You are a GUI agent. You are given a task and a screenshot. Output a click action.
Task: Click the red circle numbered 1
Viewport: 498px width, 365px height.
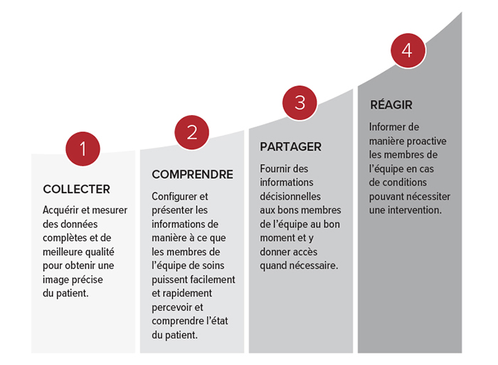click(83, 148)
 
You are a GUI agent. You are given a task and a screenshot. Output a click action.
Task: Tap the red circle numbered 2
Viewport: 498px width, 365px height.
click(192, 132)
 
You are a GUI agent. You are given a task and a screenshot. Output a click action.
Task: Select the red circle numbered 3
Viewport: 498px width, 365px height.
click(300, 103)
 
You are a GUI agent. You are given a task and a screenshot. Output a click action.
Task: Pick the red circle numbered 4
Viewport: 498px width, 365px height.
click(408, 50)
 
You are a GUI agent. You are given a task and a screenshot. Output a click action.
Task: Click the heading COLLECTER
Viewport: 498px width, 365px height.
click(77, 190)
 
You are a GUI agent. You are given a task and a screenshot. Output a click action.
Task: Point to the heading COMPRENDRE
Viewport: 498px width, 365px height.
click(193, 175)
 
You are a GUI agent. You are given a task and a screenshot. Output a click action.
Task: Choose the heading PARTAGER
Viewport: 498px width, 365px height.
click(290, 147)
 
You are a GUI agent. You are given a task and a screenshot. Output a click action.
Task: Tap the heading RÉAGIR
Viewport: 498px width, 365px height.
click(391, 104)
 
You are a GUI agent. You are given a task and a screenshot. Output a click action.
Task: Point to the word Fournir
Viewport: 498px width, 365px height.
click(275, 169)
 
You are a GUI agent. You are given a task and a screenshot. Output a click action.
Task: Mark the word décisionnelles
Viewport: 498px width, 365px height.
click(290, 197)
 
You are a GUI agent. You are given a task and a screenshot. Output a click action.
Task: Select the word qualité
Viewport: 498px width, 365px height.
click(99, 252)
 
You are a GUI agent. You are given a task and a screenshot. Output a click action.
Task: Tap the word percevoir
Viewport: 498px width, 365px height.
click(172, 307)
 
